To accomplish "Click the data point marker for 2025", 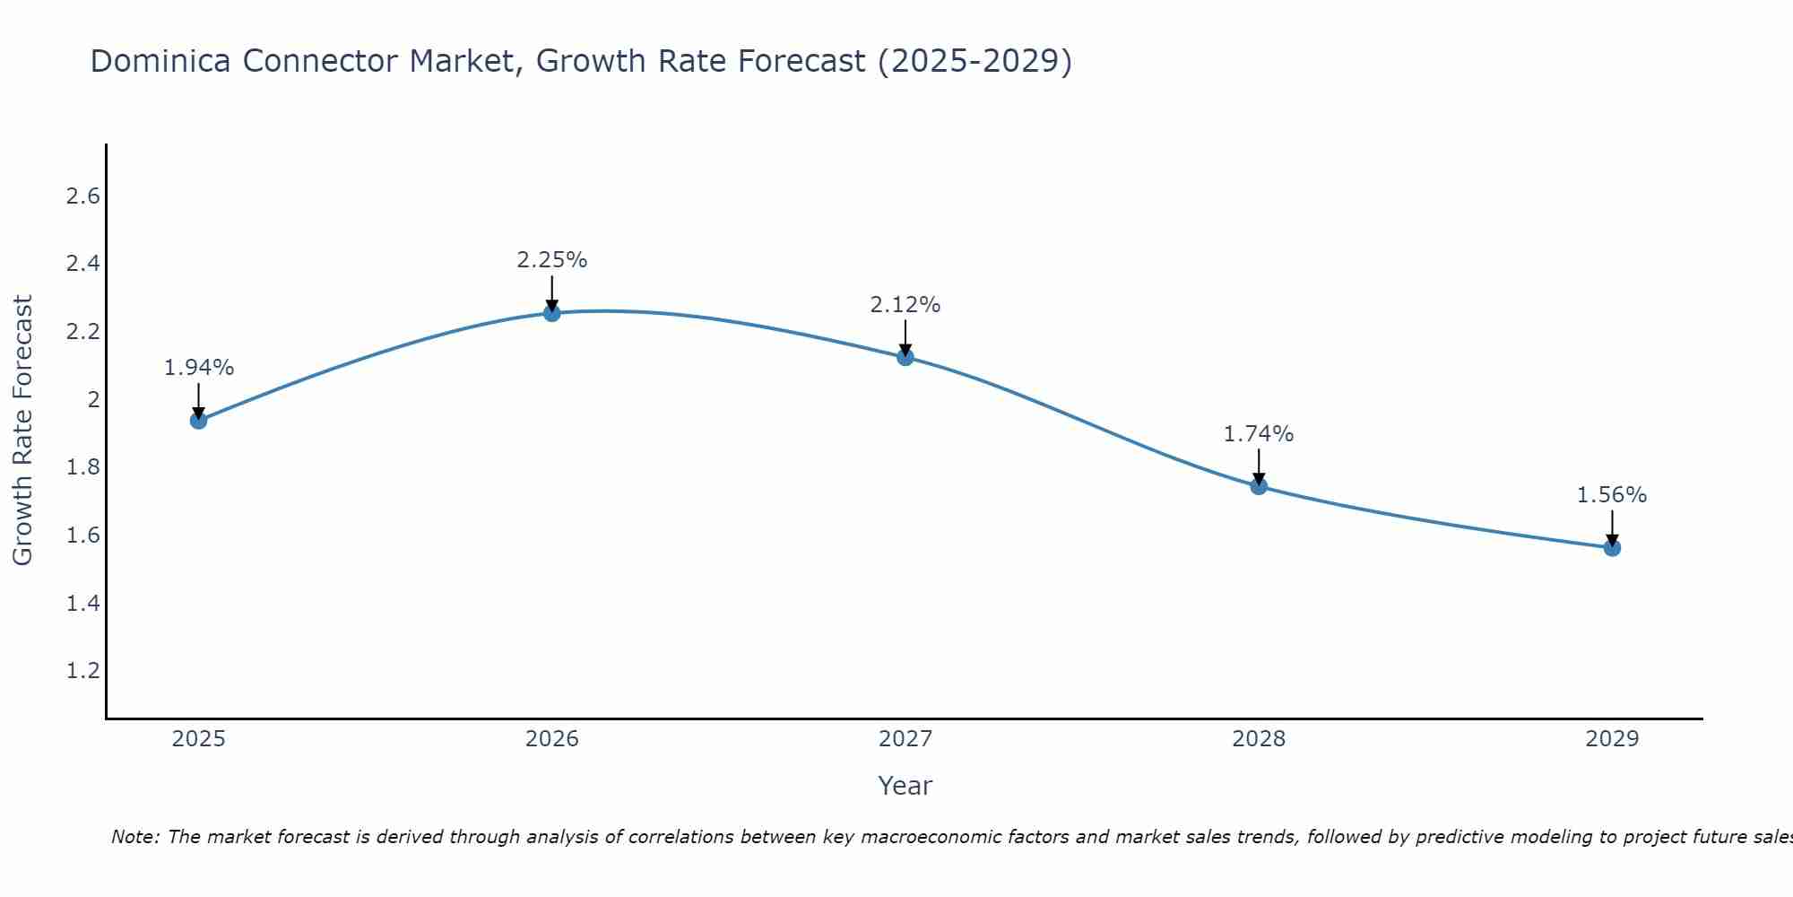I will [199, 420].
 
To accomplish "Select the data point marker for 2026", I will [552, 313].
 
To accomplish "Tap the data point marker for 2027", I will [905, 357].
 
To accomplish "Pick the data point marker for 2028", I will [1259, 486].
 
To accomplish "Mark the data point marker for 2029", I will [1612, 547].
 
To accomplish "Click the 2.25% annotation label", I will [552, 260].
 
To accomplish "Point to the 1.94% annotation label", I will [199, 368].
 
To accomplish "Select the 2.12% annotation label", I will [905, 305].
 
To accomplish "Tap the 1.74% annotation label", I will [1259, 434].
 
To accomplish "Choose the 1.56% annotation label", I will [1612, 495].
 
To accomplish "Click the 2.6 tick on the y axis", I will [82, 196].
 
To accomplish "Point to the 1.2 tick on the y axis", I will [82, 671].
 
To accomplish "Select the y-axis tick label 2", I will [93, 400].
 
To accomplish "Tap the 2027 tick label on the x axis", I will [905, 739].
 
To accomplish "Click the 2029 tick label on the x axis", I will [1612, 739].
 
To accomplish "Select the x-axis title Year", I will [905, 786].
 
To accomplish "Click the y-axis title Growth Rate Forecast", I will [22, 430].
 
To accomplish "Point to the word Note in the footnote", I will [134, 837].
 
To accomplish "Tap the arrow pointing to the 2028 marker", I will [1259, 466].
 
